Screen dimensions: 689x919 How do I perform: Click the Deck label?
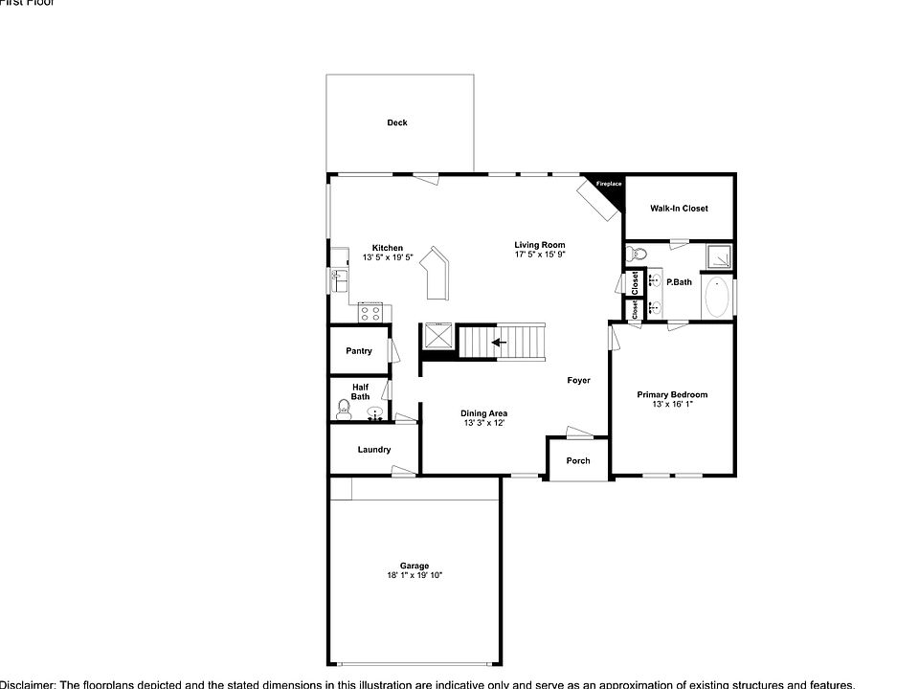click(396, 122)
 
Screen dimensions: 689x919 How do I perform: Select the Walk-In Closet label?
click(679, 208)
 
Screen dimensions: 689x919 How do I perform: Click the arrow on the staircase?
click(499, 342)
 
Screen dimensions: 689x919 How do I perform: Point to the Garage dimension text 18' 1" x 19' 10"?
click(414, 575)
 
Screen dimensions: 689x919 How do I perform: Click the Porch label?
click(578, 460)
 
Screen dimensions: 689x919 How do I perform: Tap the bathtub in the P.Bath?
click(717, 298)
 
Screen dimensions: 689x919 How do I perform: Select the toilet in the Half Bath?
click(345, 411)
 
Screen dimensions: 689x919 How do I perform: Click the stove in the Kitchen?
click(370, 311)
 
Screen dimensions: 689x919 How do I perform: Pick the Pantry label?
click(359, 351)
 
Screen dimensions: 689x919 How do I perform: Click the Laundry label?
click(373, 449)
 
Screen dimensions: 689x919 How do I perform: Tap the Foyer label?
click(578, 380)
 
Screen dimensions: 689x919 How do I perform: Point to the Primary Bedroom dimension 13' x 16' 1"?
click(672, 405)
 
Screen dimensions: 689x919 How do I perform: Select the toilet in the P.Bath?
click(637, 255)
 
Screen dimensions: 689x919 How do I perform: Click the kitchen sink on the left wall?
click(338, 280)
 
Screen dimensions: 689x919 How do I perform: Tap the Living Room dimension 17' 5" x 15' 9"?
click(540, 255)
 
